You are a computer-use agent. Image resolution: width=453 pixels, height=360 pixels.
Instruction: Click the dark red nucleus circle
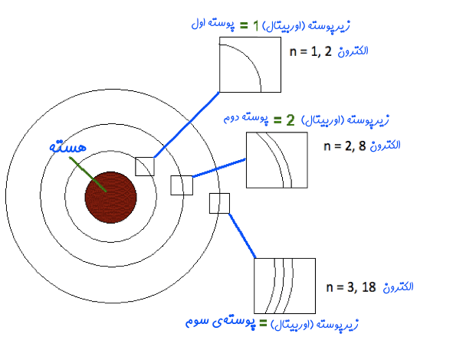click(x=111, y=198)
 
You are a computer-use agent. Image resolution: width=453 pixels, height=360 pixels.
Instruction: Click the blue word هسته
click(x=68, y=147)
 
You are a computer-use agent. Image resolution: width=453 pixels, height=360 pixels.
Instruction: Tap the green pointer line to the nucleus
click(x=88, y=174)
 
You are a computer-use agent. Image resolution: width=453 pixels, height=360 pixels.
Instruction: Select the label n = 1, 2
click(x=310, y=52)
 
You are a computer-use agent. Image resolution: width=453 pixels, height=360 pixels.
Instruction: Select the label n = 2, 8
click(x=345, y=146)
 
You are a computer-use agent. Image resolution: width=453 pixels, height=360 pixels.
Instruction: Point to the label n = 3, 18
click(x=351, y=287)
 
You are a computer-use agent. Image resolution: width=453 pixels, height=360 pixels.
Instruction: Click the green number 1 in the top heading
click(x=255, y=26)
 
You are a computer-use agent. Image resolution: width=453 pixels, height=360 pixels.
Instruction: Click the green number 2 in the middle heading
click(x=291, y=120)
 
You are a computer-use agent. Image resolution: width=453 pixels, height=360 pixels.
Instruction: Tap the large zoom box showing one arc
click(x=250, y=64)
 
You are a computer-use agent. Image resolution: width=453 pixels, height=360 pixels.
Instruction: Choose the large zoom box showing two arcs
click(x=277, y=160)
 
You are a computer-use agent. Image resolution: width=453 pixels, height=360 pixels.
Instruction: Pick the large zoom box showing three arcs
click(x=285, y=286)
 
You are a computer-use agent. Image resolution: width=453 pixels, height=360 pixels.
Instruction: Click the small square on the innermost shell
click(x=145, y=166)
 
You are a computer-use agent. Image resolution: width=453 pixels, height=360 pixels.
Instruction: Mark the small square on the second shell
click(x=182, y=185)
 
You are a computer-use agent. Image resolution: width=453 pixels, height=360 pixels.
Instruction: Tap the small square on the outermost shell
click(x=219, y=203)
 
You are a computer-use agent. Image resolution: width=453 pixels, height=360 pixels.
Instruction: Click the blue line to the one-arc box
click(x=187, y=125)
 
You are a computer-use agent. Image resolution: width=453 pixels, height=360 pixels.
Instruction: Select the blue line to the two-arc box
click(x=219, y=168)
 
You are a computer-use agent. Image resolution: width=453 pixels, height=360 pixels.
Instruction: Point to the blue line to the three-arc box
click(x=242, y=236)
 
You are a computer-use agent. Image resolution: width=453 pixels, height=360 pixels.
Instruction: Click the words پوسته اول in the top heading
click(x=213, y=24)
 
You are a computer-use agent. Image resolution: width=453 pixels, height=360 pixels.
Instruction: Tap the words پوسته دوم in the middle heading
click(x=245, y=119)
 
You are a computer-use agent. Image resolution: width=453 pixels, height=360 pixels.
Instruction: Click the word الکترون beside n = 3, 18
click(x=398, y=287)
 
